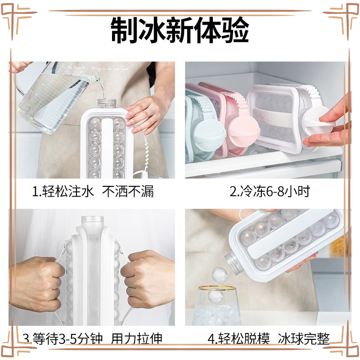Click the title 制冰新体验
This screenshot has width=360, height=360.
[x=180, y=29]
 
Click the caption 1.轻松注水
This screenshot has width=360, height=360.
[x=63, y=191]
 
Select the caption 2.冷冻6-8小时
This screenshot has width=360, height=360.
[x=270, y=191]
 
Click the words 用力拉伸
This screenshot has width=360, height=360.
[x=137, y=338]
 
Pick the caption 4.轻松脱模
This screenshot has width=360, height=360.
[x=238, y=338]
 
